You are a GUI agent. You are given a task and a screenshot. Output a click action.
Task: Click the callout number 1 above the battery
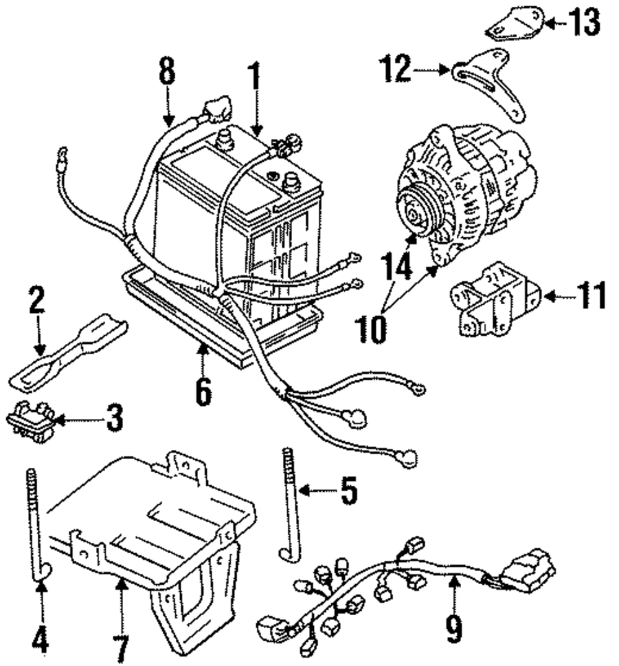[254, 76]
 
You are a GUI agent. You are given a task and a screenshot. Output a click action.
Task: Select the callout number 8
[167, 71]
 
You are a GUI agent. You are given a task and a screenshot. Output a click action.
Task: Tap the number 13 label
[584, 22]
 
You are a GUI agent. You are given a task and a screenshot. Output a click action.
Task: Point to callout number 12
[396, 68]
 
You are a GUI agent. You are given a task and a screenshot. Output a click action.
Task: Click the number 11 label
[591, 296]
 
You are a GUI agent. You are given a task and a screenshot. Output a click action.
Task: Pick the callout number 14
[397, 266]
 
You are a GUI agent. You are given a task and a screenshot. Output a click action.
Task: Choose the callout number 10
[371, 329]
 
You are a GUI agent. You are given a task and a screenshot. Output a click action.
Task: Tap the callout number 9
[454, 628]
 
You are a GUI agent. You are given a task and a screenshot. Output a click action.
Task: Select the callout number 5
[348, 491]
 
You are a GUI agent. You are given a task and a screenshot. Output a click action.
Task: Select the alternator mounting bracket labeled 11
[496, 299]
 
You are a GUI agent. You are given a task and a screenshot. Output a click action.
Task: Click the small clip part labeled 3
[30, 422]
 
